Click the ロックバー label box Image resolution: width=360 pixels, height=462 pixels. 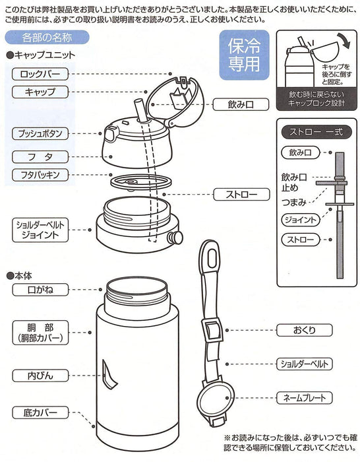click(x=40, y=75)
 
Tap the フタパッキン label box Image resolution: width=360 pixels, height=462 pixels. click(x=40, y=175)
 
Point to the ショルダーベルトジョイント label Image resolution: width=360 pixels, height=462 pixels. click(x=40, y=229)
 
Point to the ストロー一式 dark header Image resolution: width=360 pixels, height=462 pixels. click(x=314, y=130)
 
